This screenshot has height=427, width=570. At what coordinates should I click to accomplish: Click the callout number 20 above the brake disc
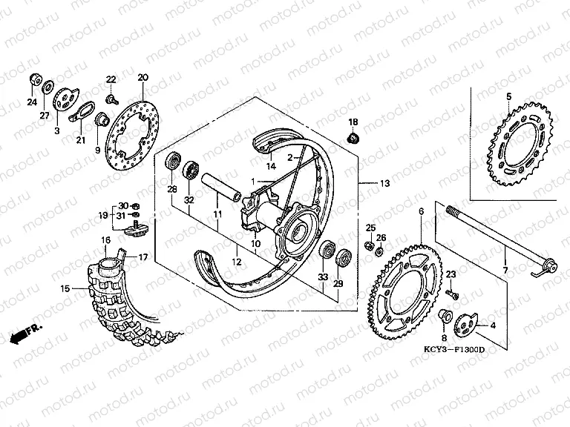[143, 78]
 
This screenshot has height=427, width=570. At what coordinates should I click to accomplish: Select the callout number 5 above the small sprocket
[508, 96]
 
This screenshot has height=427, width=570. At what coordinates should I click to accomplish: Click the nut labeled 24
[34, 79]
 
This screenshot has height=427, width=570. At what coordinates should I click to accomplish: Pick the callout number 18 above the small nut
[353, 122]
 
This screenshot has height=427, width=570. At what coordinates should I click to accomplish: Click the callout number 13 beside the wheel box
[384, 183]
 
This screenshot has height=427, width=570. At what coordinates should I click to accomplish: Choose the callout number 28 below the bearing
[172, 191]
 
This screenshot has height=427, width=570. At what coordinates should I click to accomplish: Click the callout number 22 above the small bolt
[111, 79]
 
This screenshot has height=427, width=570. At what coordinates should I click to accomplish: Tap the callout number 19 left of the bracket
[104, 216]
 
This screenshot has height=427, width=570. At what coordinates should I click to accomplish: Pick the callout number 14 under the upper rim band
[272, 168]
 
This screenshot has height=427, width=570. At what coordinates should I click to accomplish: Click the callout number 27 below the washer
[45, 115]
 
